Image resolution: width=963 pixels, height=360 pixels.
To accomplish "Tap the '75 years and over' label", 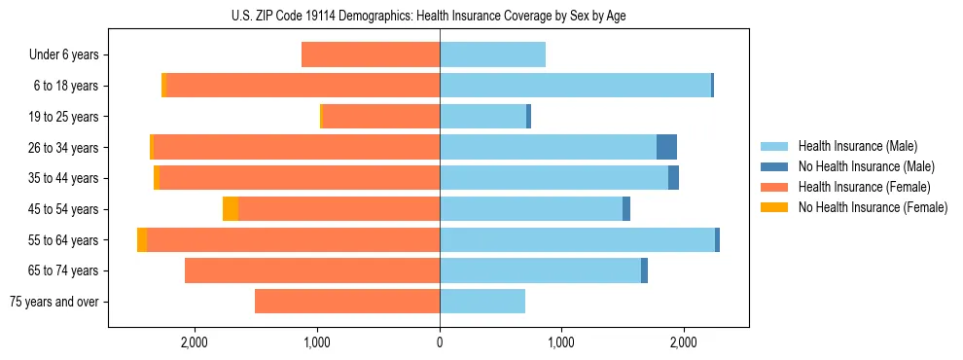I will (53, 302).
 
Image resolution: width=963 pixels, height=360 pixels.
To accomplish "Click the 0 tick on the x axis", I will (440, 342).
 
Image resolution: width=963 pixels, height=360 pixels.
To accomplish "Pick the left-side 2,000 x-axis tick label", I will (195, 342).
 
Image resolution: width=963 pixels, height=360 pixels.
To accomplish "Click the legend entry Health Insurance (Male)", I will (857, 146).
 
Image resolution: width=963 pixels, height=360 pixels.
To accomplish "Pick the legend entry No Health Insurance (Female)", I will (873, 207).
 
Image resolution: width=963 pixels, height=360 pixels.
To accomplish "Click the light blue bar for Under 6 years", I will (492, 54).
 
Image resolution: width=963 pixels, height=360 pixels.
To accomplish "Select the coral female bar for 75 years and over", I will (347, 302).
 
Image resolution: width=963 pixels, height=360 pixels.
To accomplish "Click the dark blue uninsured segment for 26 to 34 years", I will (666, 147).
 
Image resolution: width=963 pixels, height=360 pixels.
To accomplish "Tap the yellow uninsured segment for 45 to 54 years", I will (231, 209).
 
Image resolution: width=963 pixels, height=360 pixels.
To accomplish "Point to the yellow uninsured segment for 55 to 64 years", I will (142, 239).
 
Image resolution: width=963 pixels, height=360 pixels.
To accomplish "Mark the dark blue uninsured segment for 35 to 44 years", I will (673, 178).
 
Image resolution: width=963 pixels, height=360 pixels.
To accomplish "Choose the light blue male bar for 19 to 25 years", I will (482, 117).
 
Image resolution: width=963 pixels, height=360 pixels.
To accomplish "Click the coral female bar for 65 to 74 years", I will (312, 270).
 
